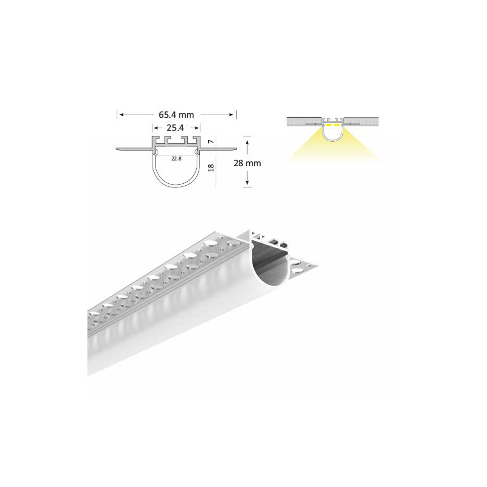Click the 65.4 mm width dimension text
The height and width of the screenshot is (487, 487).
(176, 115)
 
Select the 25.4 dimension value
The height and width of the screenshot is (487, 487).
(175, 128)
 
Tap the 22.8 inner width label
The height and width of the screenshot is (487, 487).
(176, 159)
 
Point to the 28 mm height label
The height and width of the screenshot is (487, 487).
(247, 163)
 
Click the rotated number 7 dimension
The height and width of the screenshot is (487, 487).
(212, 142)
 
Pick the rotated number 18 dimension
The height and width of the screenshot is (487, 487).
(212, 168)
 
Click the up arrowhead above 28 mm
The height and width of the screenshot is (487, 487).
(247, 142)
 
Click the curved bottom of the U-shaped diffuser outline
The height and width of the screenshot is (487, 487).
(176, 186)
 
